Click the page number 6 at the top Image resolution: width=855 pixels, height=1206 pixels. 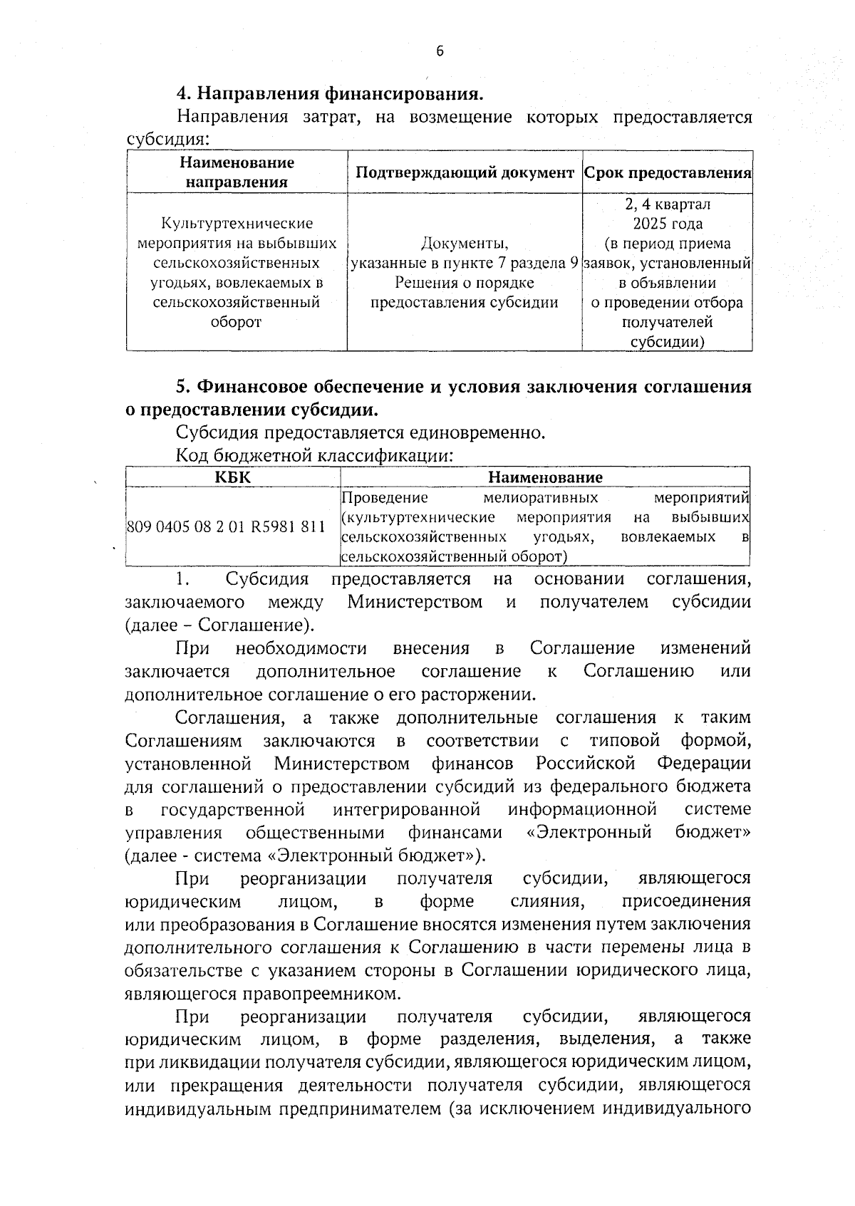(440, 51)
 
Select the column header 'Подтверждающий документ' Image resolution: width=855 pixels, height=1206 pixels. (464, 172)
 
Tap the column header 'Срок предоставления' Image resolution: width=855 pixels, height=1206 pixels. (667, 172)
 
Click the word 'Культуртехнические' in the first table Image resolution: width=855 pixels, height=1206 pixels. (237, 224)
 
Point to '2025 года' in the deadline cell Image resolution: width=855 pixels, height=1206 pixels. (667, 224)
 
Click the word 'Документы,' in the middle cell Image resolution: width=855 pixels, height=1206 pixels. (464, 244)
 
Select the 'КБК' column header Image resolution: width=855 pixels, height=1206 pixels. (233, 477)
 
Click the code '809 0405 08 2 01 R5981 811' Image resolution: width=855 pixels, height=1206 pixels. (226, 527)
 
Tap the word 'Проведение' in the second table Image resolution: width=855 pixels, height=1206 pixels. (385, 497)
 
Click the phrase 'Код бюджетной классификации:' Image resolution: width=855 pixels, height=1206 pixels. (314, 455)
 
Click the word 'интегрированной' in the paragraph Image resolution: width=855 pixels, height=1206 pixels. (406, 810)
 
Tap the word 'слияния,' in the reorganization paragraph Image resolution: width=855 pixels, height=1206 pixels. (548, 901)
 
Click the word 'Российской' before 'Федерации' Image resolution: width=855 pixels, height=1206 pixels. (585, 764)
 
